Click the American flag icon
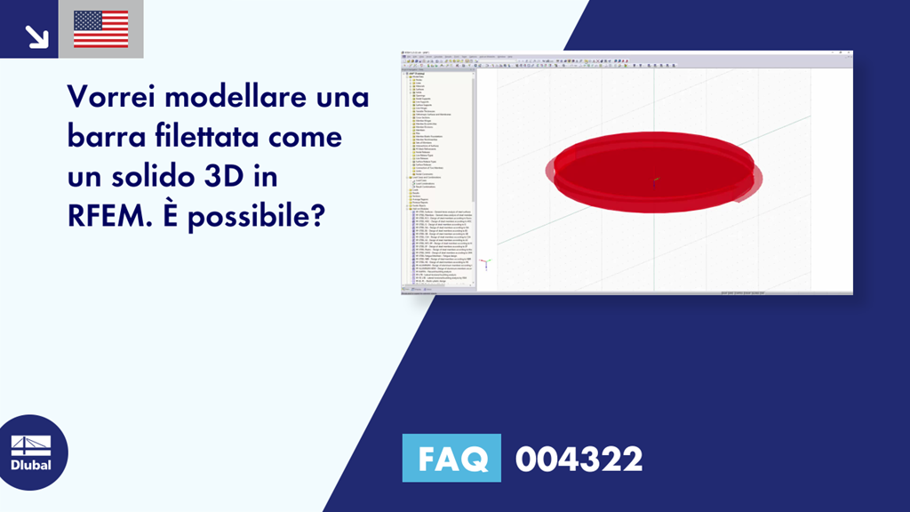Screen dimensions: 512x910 100,29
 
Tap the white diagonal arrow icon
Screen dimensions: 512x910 36,35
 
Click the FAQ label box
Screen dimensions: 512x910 451,459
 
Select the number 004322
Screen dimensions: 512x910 579,460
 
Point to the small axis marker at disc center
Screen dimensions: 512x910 655,182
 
